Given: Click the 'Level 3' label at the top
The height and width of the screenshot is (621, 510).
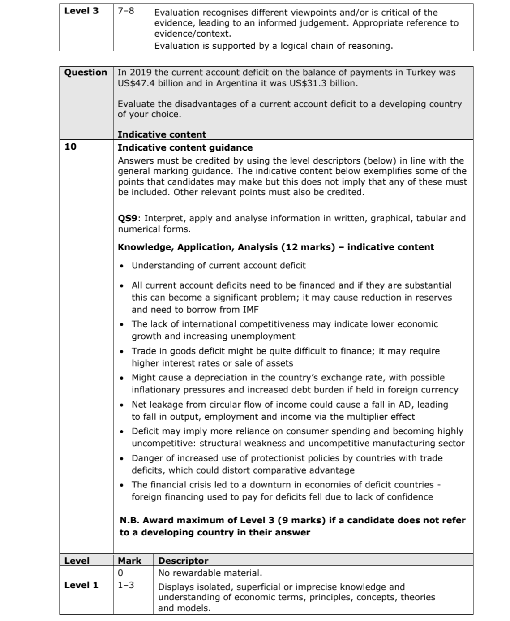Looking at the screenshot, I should coord(81,11).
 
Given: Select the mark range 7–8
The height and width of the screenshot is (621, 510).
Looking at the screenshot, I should coord(126,11).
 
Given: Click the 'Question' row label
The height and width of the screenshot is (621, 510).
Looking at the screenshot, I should coord(86,73).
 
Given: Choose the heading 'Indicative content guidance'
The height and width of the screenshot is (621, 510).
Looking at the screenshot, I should coord(185,147).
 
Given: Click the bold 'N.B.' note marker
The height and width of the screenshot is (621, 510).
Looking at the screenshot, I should coord(130,520).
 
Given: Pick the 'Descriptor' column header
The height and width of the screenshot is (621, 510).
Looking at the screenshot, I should coord(183,561).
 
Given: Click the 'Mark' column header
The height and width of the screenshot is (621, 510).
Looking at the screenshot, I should coord(129,561).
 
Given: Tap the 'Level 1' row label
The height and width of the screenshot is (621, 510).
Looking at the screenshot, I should coord(81,585).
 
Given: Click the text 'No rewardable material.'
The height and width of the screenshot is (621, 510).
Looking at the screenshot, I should coord(210,573).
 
